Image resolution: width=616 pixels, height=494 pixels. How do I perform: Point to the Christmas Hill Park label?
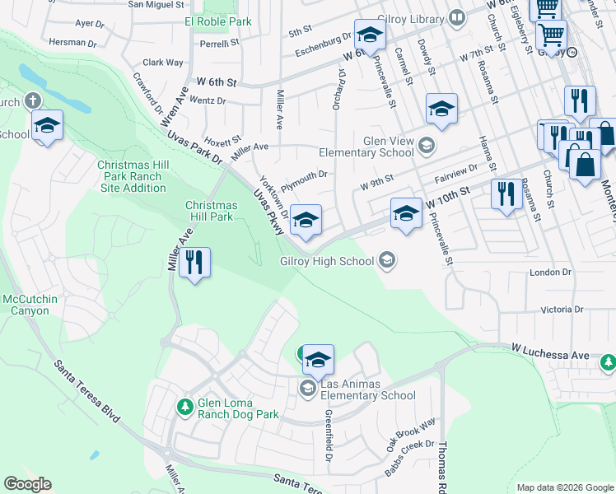211,212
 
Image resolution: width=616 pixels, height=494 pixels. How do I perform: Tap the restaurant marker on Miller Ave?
194,263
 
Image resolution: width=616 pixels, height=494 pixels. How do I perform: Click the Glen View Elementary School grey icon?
426,147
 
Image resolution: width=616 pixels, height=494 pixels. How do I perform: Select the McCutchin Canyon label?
30,305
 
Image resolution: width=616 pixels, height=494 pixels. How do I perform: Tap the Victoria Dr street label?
562,310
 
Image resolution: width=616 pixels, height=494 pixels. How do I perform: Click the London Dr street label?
550,272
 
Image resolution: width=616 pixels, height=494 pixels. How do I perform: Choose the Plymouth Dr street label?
305,175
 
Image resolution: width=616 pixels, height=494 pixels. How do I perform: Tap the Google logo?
28,484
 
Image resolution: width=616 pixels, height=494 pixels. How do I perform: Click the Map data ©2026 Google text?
564,487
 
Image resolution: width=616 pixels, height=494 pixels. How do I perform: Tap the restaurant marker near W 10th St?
504,194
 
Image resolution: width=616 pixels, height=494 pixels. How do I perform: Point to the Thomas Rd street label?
442,466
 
